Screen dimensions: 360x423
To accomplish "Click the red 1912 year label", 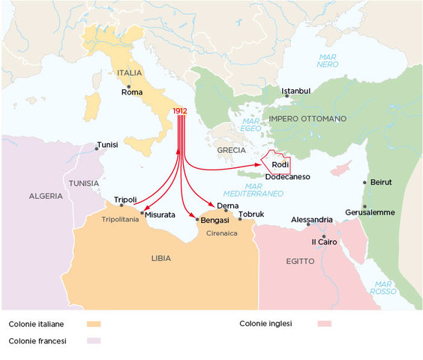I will click(x=179, y=111).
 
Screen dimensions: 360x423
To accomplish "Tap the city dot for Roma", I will click(x=129, y=85).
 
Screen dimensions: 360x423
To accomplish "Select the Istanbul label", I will click(x=295, y=91).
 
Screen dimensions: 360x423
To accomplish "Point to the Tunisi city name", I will click(x=108, y=145).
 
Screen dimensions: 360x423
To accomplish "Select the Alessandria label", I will click(x=311, y=220).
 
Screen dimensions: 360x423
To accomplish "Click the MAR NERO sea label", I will click(x=328, y=60).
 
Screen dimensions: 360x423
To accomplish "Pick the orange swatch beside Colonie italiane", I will click(x=94, y=325).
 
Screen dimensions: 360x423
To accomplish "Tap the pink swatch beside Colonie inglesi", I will click(x=325, y=324).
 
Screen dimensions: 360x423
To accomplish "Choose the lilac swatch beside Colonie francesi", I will click(x=94, y=341).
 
